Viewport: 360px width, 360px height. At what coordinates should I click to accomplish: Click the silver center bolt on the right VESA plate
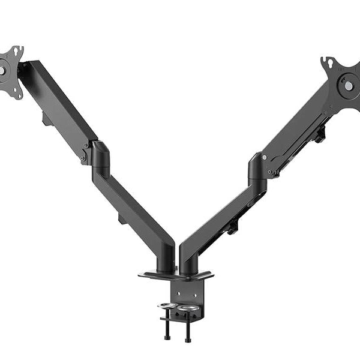coord(349,86)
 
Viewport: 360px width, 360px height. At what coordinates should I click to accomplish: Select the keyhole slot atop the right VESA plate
coord(329,61)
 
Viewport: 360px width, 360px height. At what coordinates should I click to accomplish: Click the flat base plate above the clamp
coord(176,276)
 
